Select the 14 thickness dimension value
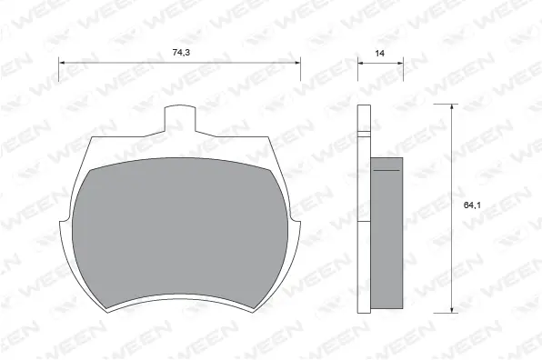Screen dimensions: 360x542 (x=379, y=55)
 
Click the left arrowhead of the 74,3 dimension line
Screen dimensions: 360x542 (x=62, y=63)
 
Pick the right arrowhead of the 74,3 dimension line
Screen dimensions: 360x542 (x=297, y=63)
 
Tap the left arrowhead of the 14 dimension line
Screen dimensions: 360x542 (x=359, y=63)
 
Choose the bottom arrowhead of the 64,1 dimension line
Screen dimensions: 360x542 (x=452, y=310)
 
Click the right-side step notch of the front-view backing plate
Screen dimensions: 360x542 (x=297, y=224)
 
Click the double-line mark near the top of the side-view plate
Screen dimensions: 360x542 (x=364, y=135)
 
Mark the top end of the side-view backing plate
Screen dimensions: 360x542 (x=364, y=106)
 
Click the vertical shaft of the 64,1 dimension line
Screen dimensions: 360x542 (x=452, y=255)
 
